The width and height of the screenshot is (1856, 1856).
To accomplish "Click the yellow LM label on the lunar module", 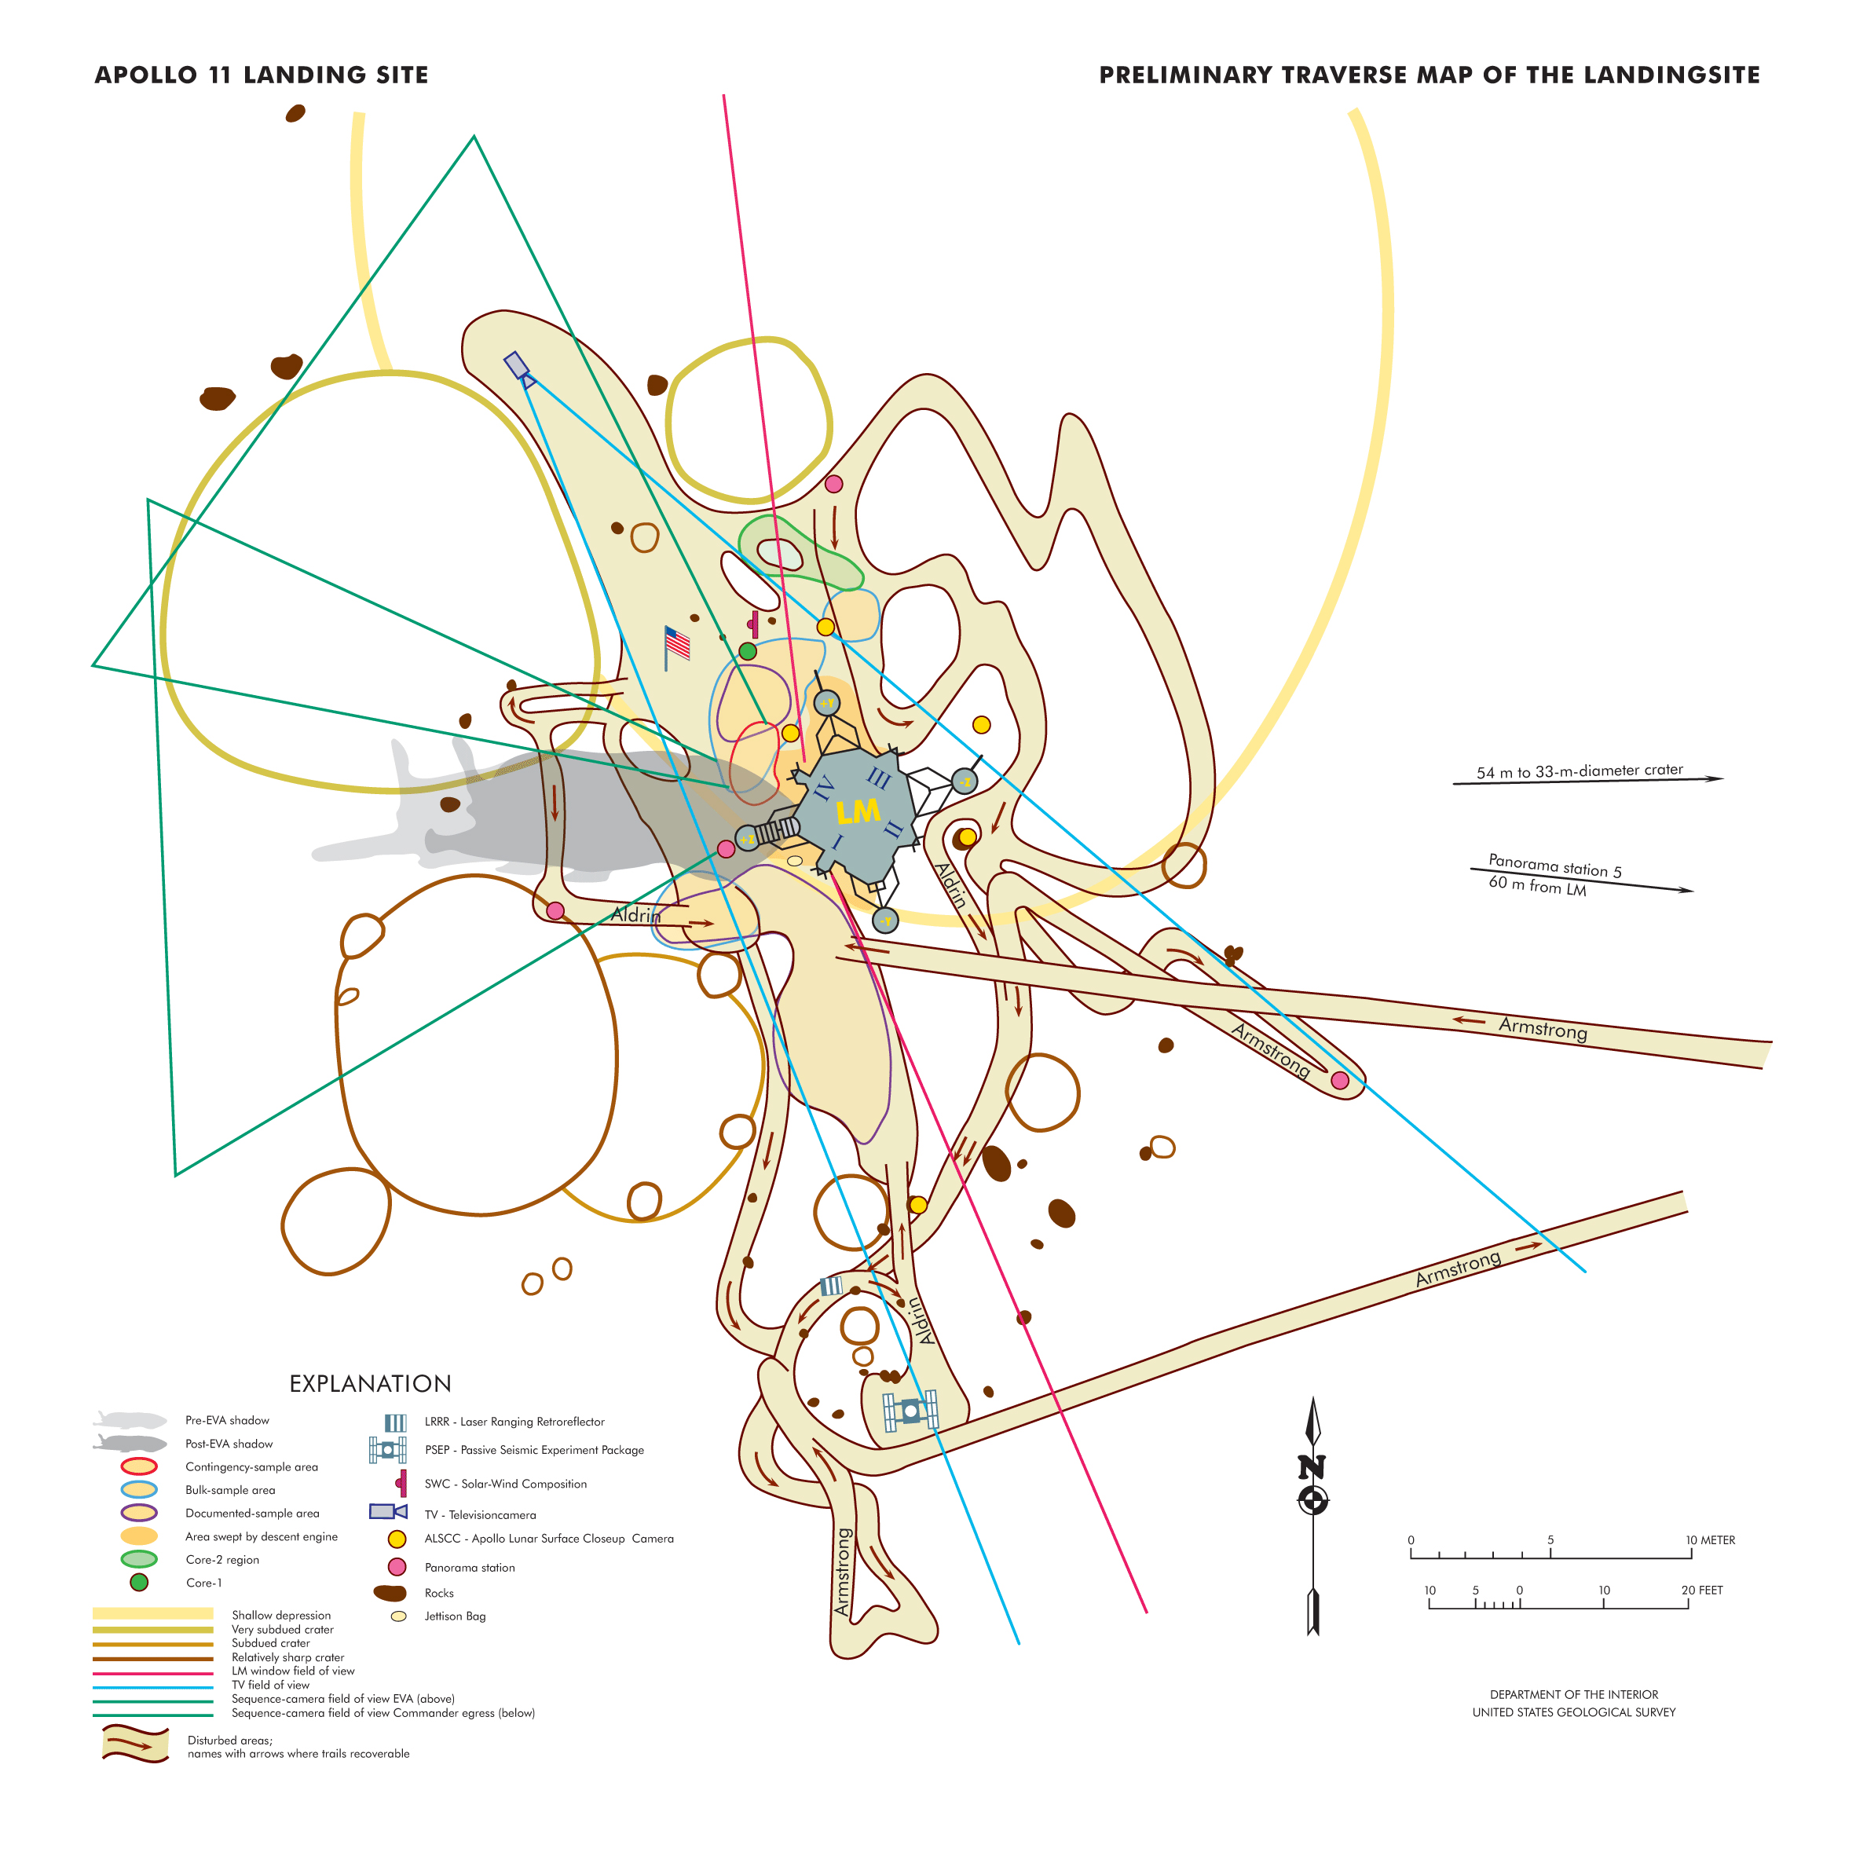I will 857,812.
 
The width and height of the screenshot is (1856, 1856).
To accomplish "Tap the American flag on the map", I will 677,643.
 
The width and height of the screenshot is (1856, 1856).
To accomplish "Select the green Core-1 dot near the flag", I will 748,651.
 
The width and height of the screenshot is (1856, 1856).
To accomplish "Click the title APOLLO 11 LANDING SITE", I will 262,75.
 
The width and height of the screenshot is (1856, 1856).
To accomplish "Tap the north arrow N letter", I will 1312,1467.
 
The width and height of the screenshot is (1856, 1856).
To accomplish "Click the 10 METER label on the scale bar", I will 1710,1540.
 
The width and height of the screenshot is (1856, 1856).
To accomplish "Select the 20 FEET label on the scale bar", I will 1701,1590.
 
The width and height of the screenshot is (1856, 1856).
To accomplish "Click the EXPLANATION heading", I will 370,1383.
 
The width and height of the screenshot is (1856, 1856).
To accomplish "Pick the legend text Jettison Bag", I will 455,1616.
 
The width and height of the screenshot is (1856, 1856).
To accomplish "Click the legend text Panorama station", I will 469,1567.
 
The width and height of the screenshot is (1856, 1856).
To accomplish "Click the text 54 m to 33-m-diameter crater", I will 1580,771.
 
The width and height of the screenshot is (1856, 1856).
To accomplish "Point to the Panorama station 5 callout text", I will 1554,865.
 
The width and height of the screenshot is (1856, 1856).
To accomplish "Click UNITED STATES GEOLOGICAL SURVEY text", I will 1573,1712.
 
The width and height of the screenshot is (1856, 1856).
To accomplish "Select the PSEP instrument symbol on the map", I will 910,1411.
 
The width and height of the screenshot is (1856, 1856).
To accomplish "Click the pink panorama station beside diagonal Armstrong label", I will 1339,1081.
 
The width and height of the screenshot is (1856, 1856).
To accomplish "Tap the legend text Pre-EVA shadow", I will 227,1420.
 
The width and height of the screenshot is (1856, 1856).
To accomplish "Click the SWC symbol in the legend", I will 401,1483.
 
